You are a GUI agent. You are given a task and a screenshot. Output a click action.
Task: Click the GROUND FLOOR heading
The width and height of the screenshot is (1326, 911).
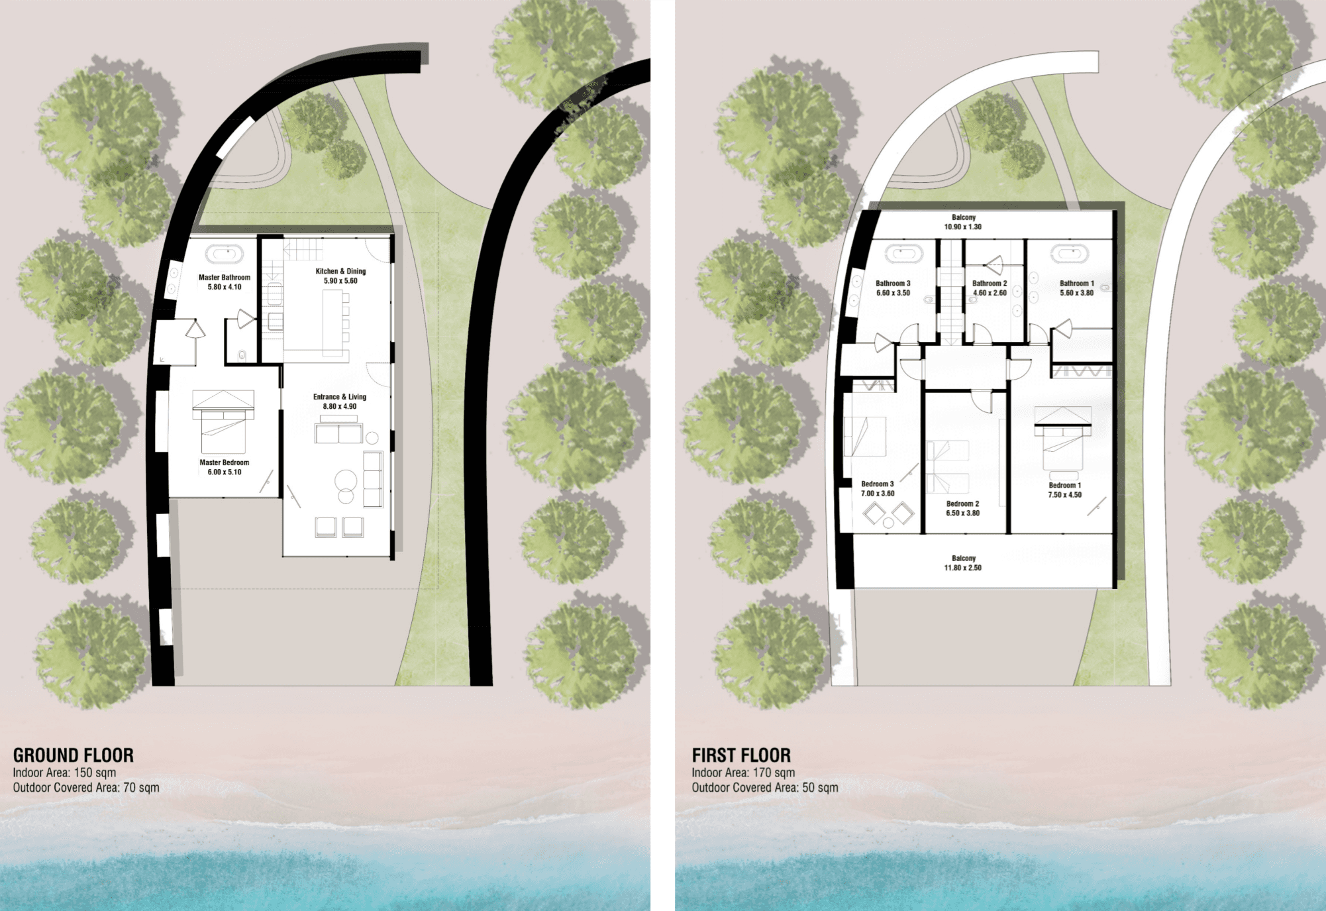pyautogui.click(x=74, y=755)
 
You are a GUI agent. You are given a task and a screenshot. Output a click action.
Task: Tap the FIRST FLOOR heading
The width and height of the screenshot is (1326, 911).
pyautogui.click(x=741, y=755)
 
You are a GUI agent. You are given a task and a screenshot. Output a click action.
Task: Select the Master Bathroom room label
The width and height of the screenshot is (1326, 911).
pyautogui.click(x=225, y=278)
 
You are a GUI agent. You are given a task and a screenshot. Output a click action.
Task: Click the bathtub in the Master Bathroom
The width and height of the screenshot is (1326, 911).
pyautogui.click(x=225, y=254)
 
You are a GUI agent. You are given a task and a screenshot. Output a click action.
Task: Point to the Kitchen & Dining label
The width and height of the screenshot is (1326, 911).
pyautogui.click(x=340, y=271)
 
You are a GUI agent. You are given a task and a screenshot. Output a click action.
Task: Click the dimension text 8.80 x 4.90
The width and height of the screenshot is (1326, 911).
pyautogui.click(x=340, y=407)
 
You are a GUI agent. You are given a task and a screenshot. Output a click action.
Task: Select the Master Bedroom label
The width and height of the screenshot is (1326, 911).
pyautogui.click(x=225, y=462)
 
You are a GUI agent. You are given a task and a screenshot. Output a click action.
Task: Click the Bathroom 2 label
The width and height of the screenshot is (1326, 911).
pyautogui.click(x=990, y=284)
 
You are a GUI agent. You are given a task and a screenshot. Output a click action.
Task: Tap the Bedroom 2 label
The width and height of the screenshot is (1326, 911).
pyautogui.click(x=962, y=504)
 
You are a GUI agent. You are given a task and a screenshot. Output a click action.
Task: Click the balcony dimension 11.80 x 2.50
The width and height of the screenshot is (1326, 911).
pyautogui.click(x=963, y=568)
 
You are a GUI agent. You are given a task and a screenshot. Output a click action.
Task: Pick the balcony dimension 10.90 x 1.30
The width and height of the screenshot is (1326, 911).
pyautogui.click(x=963, y=227)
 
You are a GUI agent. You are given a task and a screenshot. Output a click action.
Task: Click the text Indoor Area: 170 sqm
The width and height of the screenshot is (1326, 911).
pyautogui.click(x=743, y=773)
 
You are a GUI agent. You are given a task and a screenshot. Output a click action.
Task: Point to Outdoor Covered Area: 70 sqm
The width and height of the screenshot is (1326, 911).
pyautogui.click(x=86, y=788)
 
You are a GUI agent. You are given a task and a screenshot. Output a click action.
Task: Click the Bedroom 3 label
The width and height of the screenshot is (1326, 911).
pyautogui.click(x=878, y=484)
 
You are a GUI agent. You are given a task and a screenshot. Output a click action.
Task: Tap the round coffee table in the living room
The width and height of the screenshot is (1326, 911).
pyautogui.click(x=345, y=480)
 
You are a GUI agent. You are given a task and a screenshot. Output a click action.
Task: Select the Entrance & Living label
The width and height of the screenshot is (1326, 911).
pyautogui.click(x=340, y=397)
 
